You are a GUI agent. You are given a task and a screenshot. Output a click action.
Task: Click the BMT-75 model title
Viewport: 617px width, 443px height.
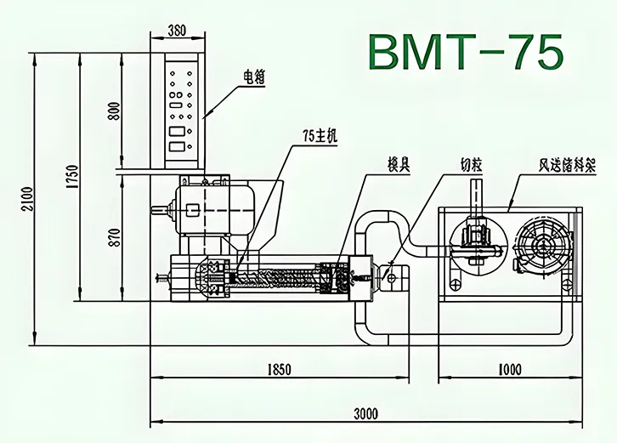(x=466, y=53)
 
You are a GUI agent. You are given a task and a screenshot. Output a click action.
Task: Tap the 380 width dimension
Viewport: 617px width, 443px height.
(x=176, y=31)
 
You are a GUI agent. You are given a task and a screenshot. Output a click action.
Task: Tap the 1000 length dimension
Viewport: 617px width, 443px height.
(x=510, y=369)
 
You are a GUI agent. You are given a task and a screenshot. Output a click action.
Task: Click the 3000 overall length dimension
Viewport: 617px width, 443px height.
(x=365, y=414)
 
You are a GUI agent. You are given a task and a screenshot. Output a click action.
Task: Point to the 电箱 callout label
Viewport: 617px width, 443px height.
(x=255, y=79)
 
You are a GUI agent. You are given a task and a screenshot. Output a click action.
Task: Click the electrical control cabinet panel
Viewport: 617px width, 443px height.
(x=181, y=111)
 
